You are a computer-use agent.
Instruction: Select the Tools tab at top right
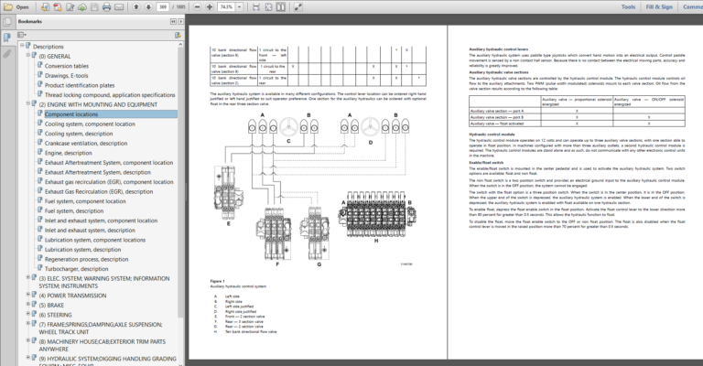pos(628,5)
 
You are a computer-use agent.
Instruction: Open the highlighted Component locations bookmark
pos(71,114)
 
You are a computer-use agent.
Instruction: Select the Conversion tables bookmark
pos(67,66)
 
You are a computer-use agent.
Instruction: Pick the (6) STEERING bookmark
pos(59,314)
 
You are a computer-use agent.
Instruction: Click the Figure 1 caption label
pos(217,280)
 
